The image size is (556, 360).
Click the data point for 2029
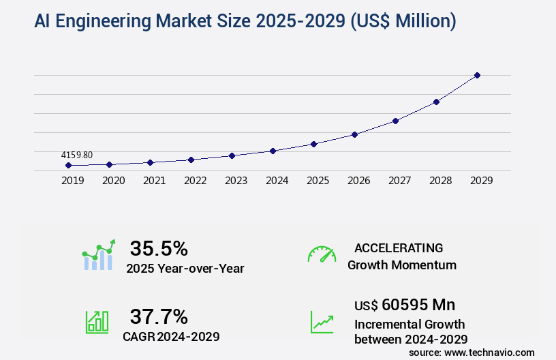coord(477,75)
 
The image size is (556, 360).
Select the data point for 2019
coord(68,165)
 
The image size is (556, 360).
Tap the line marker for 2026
coord(354,134)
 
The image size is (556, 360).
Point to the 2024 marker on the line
coord(273,151)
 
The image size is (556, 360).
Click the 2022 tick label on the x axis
coord(195,181)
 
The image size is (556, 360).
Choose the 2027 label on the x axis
coord(399,181)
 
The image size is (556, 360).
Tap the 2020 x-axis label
coord(113,181)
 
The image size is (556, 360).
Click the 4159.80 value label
coord(76,155)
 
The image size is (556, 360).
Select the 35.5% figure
coord(159,248)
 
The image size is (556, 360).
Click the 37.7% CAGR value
coord(159,316)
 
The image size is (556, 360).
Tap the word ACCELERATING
coord(399,247)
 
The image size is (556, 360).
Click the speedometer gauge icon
coord(322,254)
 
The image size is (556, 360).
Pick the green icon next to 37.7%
coord(97,322)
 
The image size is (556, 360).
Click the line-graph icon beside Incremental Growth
coord(322,322)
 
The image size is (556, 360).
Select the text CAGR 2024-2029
coord(171,336)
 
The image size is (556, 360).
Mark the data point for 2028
coord(436,102)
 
